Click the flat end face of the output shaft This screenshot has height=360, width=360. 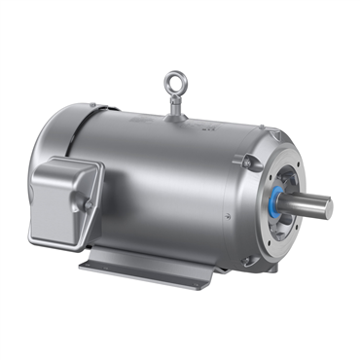(328, 207)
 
